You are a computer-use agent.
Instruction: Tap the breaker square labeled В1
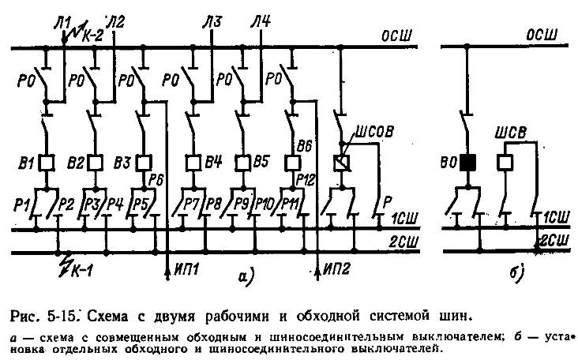pos(47,163)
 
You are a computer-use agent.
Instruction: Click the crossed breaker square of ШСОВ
pos(341,163)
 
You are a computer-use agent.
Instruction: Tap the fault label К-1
pos(78,272)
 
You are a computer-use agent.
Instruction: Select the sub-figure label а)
pos(245,276)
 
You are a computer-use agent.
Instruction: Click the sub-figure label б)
pos(518,273)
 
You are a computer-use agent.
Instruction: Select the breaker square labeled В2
pos(96,163)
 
